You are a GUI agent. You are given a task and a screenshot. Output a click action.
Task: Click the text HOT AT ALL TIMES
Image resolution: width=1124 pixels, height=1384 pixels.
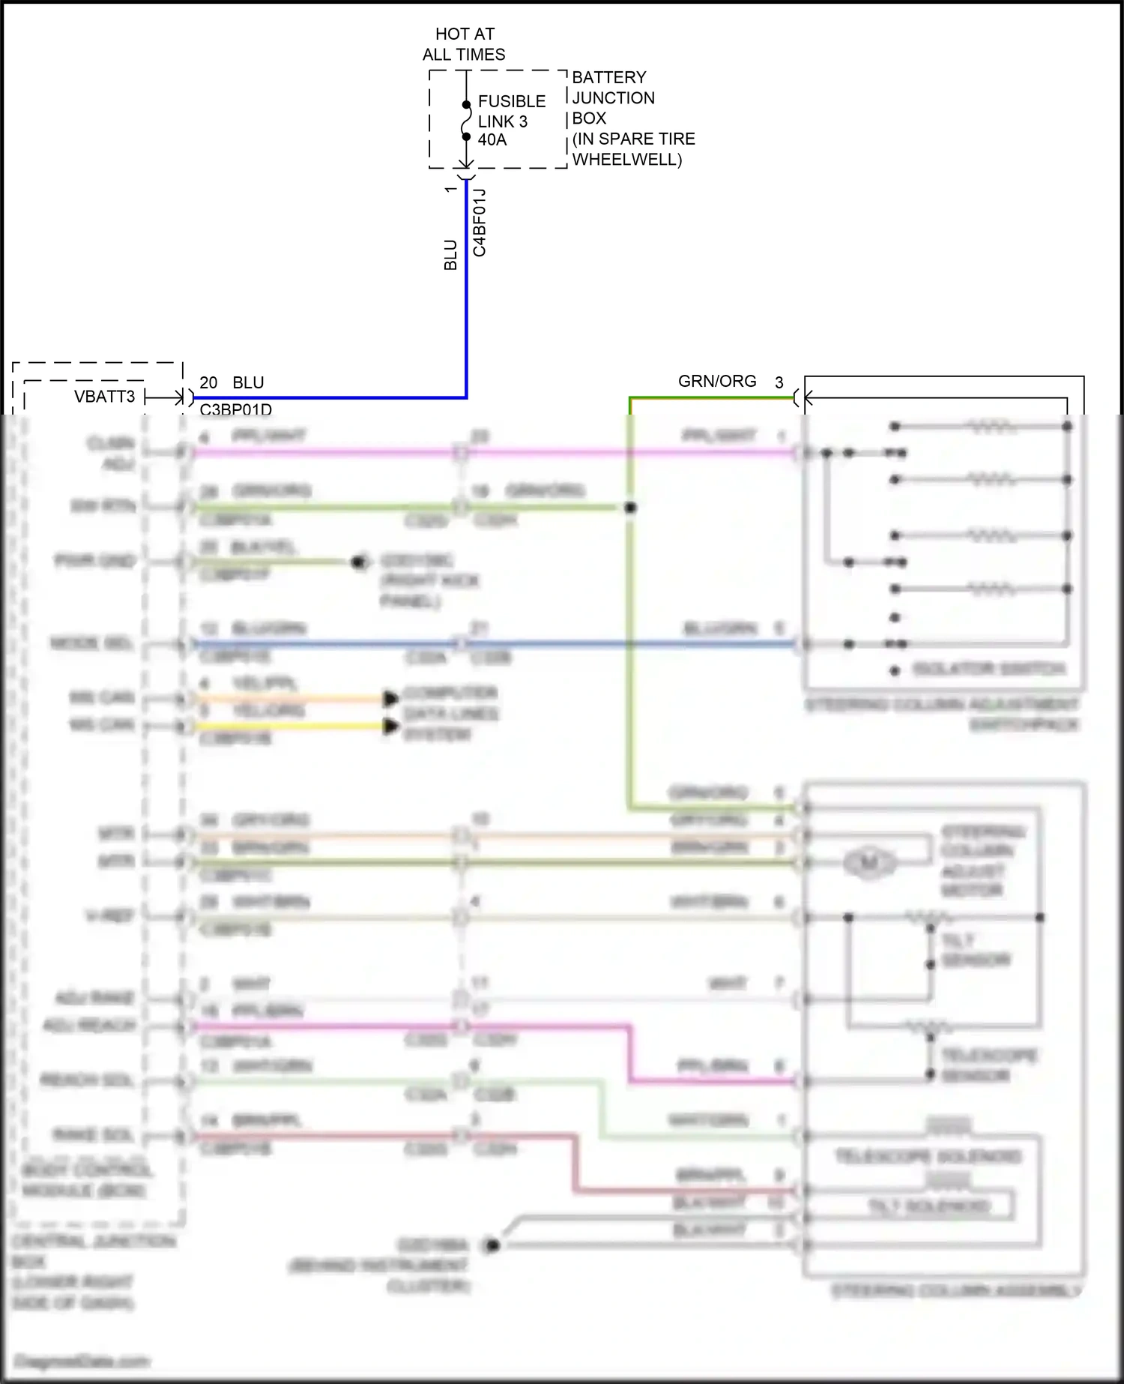pos(464,44)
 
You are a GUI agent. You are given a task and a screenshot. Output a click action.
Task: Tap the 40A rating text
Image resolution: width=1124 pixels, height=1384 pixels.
pos(492,140)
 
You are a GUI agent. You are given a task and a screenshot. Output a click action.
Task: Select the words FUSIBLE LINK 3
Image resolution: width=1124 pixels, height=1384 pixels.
pos(511,111)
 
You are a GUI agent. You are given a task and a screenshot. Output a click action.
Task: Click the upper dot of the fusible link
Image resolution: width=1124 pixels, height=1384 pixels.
pos(466,104)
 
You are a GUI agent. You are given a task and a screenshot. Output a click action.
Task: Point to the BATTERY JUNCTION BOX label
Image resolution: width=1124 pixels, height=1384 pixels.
pos(612,97)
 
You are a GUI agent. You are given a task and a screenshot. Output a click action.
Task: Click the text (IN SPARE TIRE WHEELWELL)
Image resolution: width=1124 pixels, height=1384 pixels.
pos(633,149)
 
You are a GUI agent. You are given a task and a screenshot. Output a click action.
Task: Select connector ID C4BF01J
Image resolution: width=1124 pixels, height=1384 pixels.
pos(480,223)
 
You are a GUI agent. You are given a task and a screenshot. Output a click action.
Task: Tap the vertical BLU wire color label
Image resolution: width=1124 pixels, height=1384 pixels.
pos(450,255)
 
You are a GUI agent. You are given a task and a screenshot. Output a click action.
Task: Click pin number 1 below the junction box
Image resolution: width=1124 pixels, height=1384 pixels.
pos(450,190)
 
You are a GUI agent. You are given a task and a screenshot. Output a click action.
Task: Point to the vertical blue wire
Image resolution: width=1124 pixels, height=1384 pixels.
pos(466,300)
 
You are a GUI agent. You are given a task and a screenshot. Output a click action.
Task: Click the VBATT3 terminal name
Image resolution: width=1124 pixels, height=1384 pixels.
pos(104,397)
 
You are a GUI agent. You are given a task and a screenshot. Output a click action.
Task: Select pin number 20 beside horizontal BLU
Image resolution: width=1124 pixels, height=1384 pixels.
pos(208,383)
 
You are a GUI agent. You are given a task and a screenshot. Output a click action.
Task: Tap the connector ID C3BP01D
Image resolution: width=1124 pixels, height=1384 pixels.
pos(235,409)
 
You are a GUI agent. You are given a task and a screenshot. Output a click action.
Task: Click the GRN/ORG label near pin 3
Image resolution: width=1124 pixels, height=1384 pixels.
pos(716,382)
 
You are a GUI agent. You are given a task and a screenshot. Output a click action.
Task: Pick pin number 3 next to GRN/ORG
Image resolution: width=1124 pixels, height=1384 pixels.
pos(779,383)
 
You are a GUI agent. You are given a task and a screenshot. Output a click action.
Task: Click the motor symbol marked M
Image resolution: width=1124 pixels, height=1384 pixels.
pos(868,863)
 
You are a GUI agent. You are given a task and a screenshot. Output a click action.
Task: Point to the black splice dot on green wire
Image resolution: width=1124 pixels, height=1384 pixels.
pos(630,508)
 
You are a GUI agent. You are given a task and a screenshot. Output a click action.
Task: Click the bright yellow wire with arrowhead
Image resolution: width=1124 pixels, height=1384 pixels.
pos(292,726)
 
